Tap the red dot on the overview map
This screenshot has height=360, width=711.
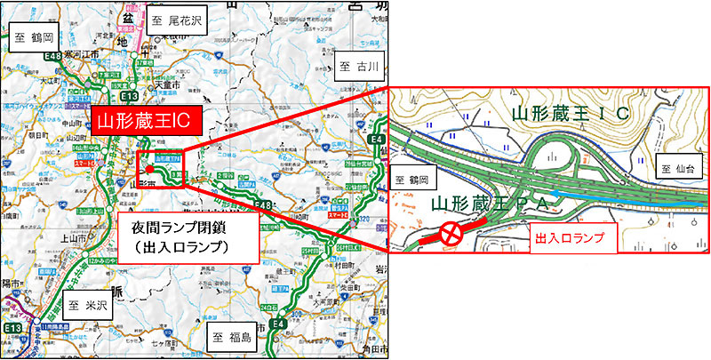(149, 169)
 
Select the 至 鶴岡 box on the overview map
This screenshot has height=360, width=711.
(34, 38)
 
